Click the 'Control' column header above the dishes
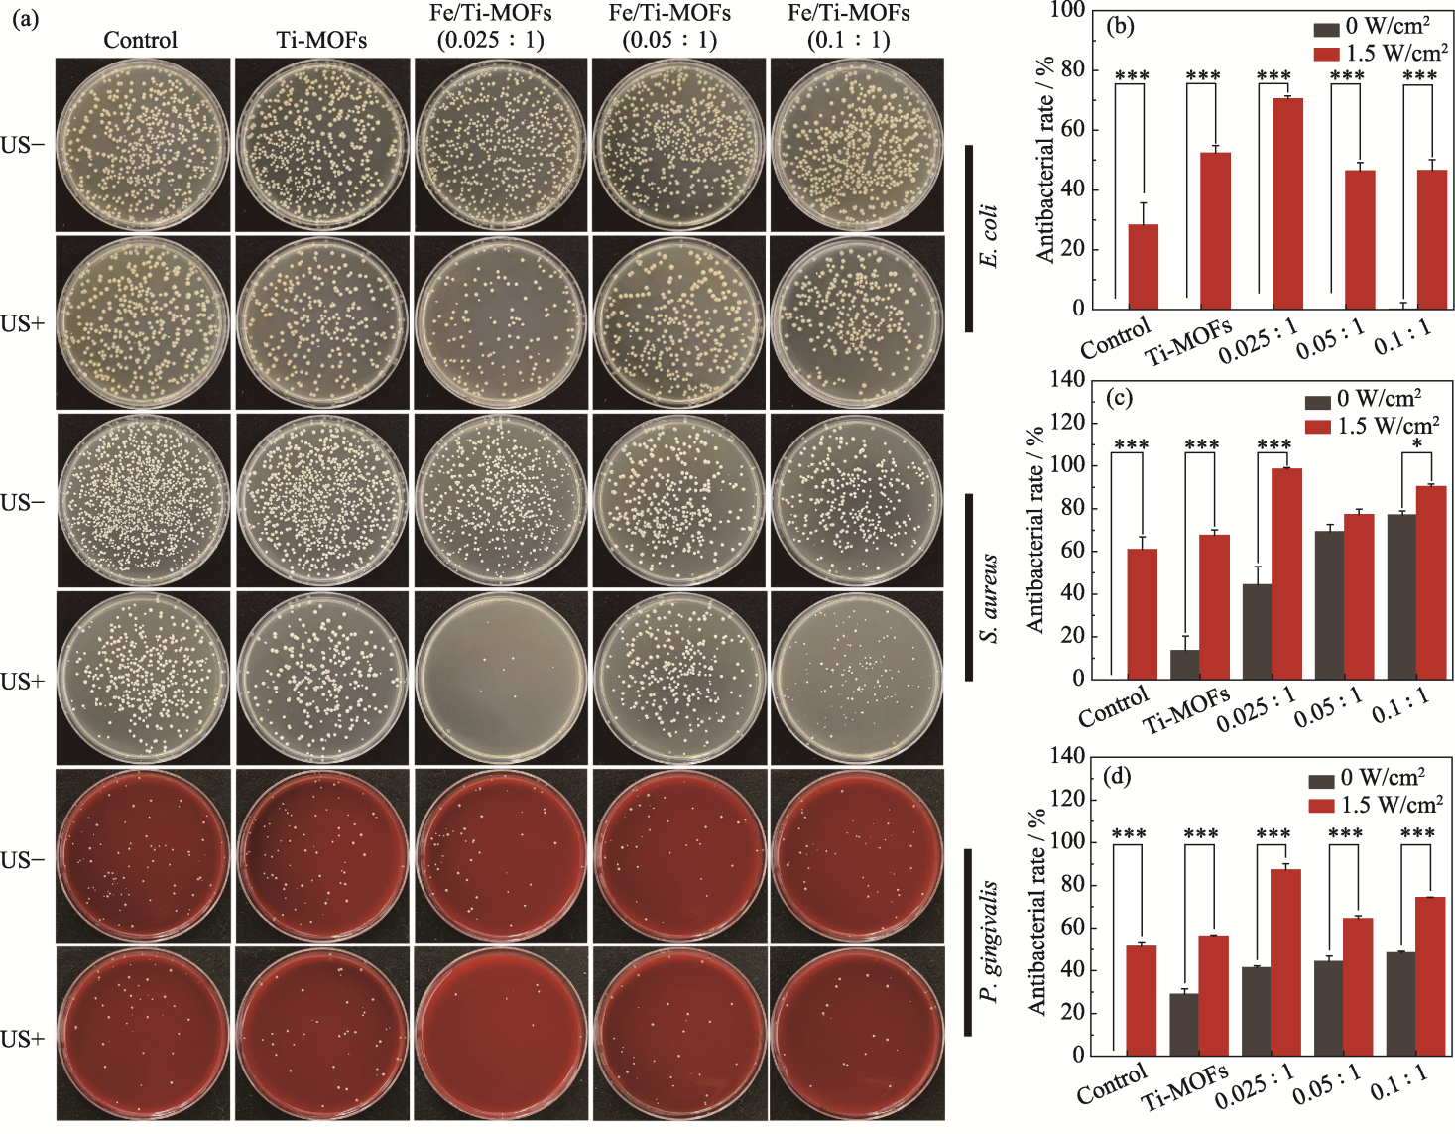[141, 40]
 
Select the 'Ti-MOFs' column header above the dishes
[321, 40]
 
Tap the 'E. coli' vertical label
[989, 236]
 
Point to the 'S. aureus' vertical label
[989, 598]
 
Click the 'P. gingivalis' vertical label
[989, 941]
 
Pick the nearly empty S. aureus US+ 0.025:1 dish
[501, 680]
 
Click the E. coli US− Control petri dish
[143, 145]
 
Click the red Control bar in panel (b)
[1144, 266]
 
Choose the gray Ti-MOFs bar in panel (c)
[1184, 664]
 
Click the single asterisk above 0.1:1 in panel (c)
[1417, 443]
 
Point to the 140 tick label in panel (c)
[1066, 380]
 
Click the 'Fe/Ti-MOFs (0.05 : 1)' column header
[669, 27]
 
